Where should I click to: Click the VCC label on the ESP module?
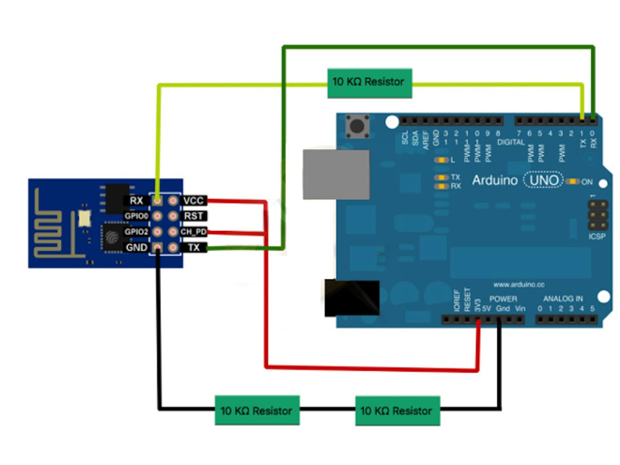193,201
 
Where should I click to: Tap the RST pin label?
193,216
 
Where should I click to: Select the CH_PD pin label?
193,232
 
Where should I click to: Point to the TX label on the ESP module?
193,248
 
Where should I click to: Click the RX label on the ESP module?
136,201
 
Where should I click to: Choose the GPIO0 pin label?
136,216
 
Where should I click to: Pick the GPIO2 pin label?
136,232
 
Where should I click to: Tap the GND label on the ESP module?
136,248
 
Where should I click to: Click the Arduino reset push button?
357,126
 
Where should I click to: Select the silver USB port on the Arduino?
336,174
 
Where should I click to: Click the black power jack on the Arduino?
352,298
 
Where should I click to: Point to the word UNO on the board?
544,180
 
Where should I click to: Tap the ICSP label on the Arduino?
597,236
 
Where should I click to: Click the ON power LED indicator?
572,181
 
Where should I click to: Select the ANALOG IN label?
563,298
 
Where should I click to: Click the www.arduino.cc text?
519,285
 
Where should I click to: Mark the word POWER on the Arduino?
503,299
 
